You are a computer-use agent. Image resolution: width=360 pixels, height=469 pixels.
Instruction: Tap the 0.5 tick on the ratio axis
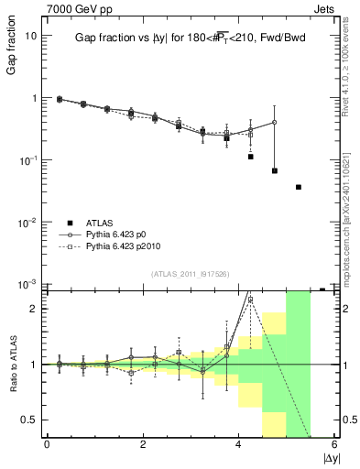tap(28, 420)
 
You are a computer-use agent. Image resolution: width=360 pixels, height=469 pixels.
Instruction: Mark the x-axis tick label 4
tap(238, 446)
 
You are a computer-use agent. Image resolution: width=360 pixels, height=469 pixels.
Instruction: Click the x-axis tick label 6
tap(334, 446)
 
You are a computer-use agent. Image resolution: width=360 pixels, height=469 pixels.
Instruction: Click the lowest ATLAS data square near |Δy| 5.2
tap(299, 187)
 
